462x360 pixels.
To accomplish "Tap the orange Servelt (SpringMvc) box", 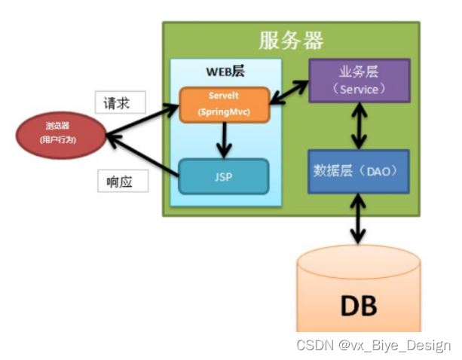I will click(223, 105).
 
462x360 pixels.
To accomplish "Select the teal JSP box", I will click(223, 177).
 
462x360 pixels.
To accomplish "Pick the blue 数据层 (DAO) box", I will click(360, 172).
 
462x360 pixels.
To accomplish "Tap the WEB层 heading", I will click(225, 72).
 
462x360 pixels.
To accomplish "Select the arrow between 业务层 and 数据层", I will click(360, 125).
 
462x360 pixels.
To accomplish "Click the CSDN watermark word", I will click(315, 346).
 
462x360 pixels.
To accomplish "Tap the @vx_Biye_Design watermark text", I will click(394, 346).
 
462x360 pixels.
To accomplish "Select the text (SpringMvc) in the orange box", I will click(223, 111).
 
